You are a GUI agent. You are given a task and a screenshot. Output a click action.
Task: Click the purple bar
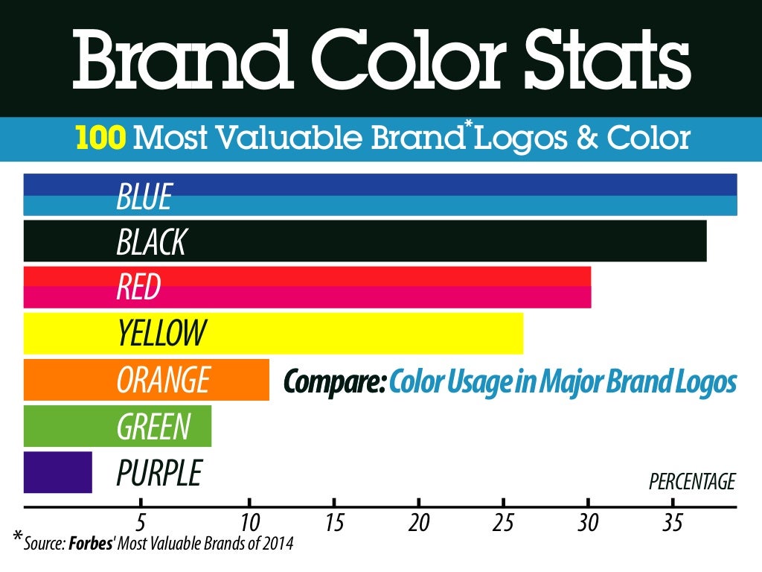(x=57, y=472)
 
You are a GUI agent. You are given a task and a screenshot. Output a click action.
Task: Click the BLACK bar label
(x=151, y=242)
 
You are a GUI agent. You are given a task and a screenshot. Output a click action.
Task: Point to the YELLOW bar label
(x=161, y=333)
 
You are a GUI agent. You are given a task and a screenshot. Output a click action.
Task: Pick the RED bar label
(x=138, y=287)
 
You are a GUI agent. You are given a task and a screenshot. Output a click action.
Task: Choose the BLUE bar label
(x=144, y=197)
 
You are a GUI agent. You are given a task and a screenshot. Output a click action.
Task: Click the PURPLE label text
(x=159, y=473)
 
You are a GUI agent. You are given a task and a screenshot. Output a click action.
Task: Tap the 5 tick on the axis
(x=140, y=522)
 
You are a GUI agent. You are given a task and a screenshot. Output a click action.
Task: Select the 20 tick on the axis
(x=419, y=522)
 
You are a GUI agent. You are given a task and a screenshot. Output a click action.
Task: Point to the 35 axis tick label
(x=673, y=522)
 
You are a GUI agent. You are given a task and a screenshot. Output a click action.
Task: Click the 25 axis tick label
(x=504, y=522)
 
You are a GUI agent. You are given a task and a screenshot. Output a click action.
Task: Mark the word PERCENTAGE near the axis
(x=692, y=482)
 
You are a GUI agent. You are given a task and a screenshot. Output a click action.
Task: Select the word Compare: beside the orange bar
(x=334, y=382)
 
